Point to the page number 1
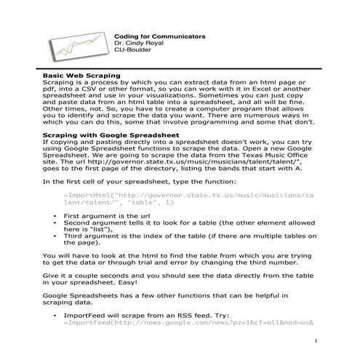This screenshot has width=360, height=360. pyautogui.click(x=318, y=341)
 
